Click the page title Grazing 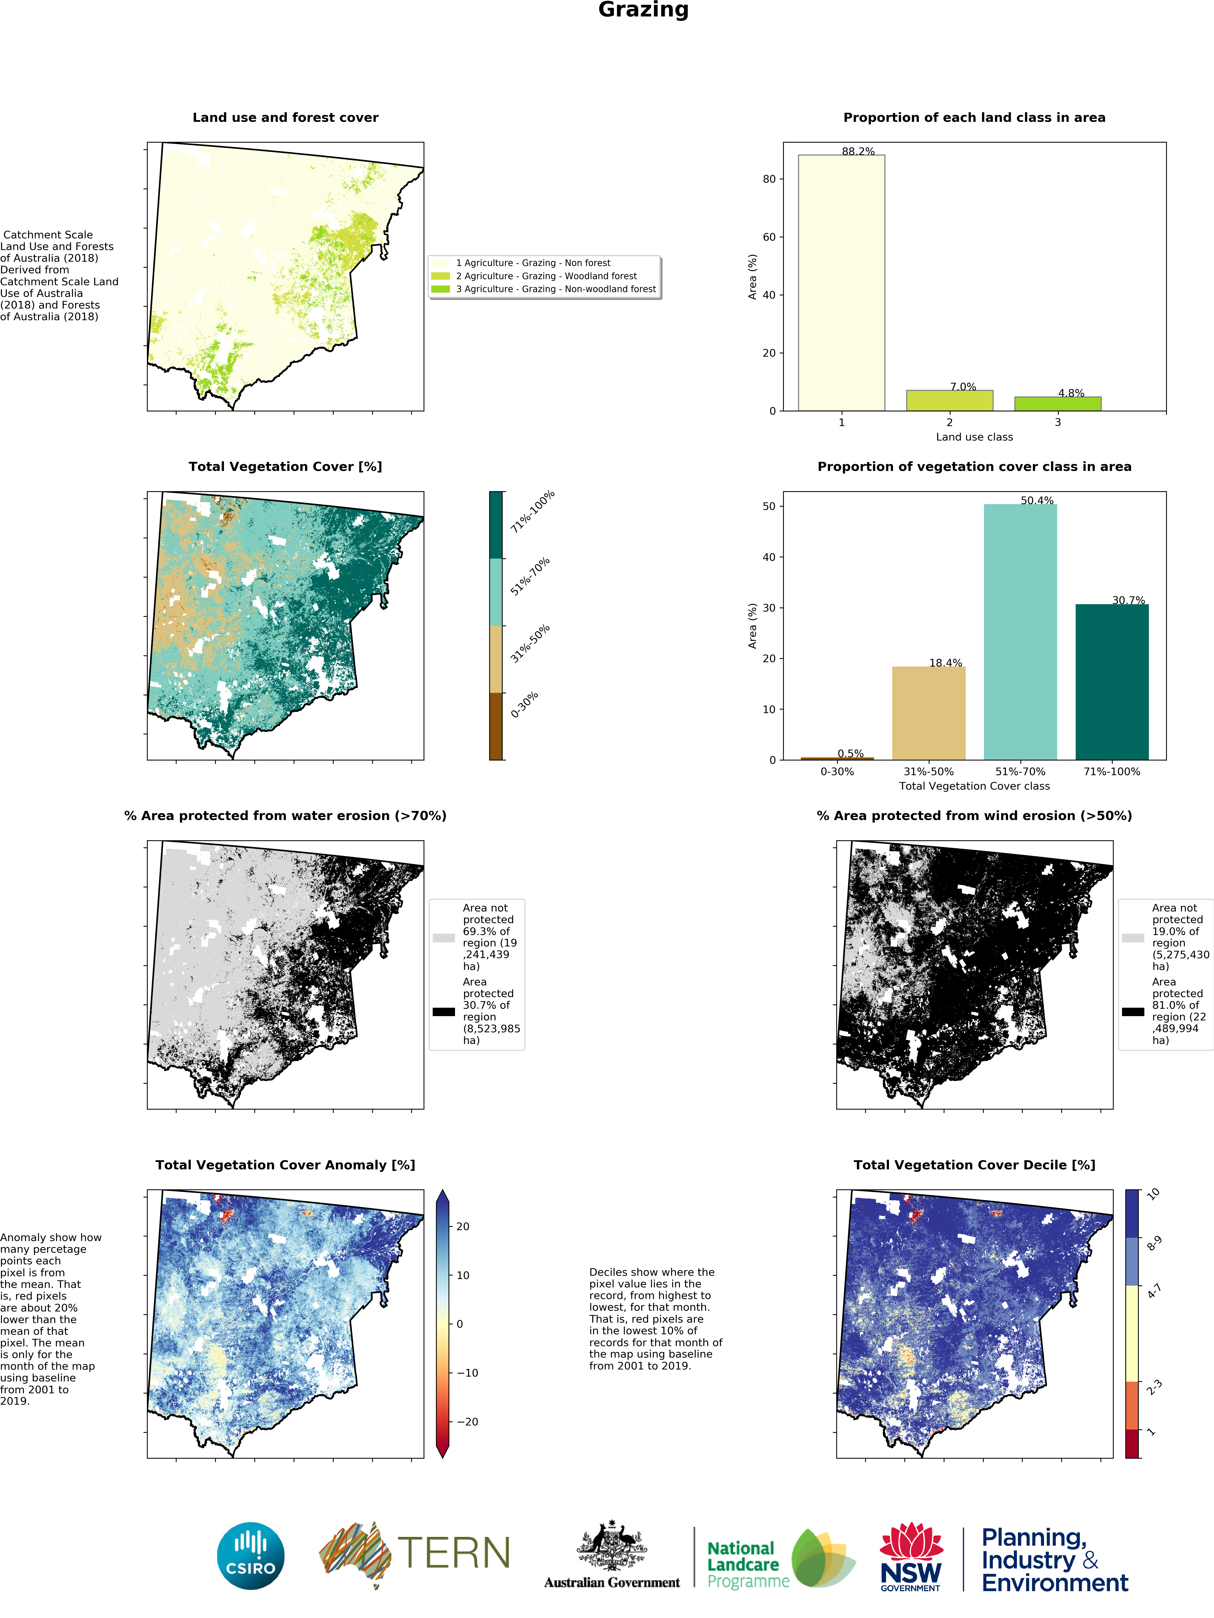click(643, 10)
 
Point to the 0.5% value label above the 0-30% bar click(850, 753)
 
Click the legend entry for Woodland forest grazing click(546, 276)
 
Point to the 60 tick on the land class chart click(769, 237)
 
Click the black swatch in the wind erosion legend click(1133, 1012)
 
